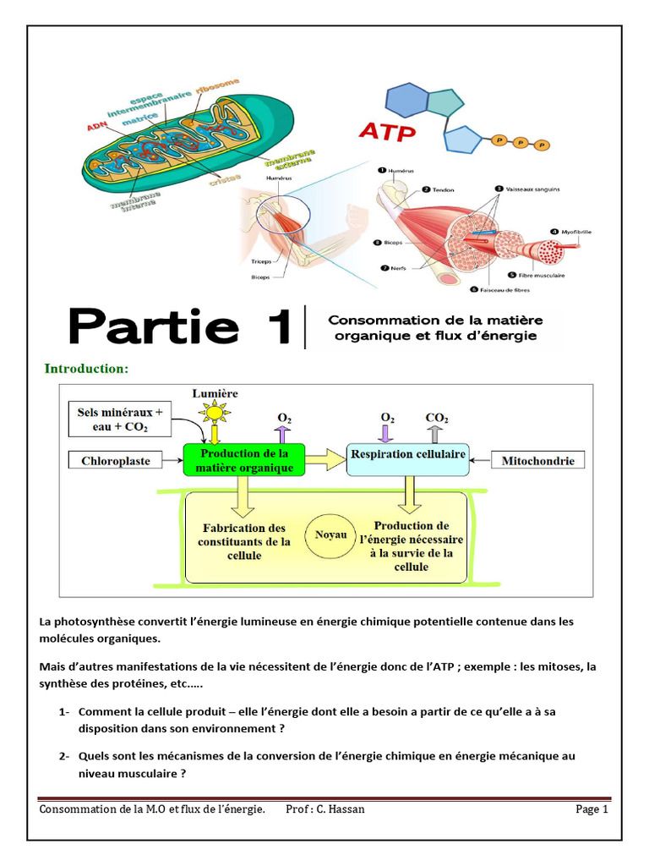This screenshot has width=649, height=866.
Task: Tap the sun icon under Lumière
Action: (215, 413)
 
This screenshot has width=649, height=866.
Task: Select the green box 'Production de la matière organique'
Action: (244, 461)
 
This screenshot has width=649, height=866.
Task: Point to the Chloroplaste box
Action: (115, 461)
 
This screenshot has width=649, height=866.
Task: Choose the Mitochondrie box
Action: (538, 461)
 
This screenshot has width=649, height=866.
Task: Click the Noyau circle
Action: (330, 535)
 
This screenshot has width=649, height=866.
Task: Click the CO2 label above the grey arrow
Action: (437, 418)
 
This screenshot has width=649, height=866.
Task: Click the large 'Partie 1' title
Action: (180, 326)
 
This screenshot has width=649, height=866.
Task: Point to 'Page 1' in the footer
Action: (592, 809)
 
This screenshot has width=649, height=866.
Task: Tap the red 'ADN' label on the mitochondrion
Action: (96, 128)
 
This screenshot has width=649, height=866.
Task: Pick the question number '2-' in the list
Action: (65, 755)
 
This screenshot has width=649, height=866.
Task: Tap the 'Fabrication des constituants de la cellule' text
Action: (244, 542)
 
